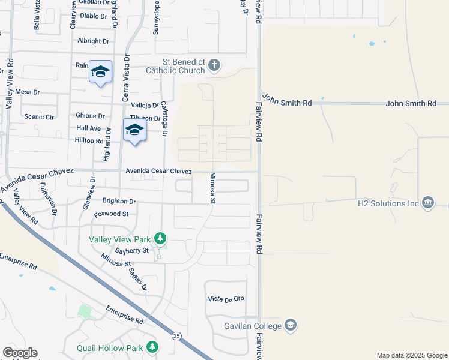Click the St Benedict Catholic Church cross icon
(215, 65)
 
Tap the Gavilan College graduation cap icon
(291, 325)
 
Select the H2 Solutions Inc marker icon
(428, 202)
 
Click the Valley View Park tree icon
(160, 238)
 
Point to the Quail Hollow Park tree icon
(152, 347)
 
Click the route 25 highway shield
(176, 334)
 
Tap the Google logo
(20, 353)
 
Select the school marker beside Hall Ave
(134, 130)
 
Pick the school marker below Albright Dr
(101, 72)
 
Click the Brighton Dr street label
(119, 202)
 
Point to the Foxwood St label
(111, 214)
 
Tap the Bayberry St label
(132, 250)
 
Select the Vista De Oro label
(226, 299)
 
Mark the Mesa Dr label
(27, 92)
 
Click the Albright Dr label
(94, 41)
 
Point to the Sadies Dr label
(137, 277)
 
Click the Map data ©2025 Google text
(411, 355)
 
